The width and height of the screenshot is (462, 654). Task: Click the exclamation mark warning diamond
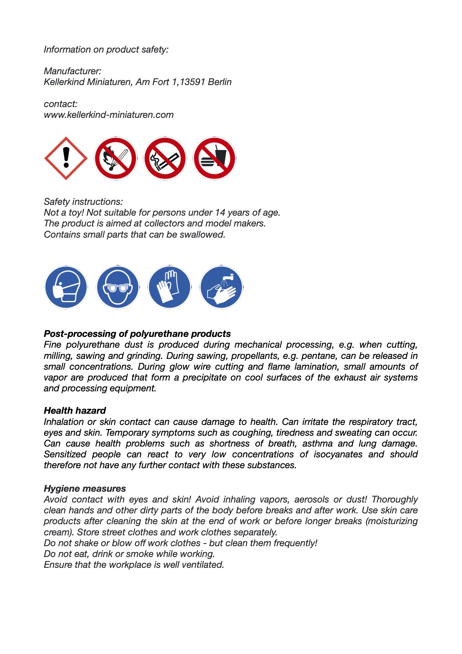tap(66, 158)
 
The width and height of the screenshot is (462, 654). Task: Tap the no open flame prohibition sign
tap(115, 158)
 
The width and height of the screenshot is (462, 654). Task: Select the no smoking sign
tap(165, 158)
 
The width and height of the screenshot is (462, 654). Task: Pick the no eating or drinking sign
tap(215, 158)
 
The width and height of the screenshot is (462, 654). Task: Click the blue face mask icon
tap(66, 287)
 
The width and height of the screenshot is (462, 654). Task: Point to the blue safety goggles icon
tap(118, 287)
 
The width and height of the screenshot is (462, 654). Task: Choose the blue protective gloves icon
tap(170, 287)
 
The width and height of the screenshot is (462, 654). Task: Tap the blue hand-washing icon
tap(221, 287)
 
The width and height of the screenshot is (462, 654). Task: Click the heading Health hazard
tap(75, 410)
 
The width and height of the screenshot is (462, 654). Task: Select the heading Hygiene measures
tap(85, 488)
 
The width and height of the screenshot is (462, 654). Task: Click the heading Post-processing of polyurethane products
tap(137, 334)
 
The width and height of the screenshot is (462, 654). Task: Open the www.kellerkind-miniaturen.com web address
tap(109, 115)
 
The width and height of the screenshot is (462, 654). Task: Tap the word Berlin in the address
tap(220, 82)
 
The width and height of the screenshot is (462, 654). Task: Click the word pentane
tap(317, 356)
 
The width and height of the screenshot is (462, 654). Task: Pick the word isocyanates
tap(338, 454)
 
